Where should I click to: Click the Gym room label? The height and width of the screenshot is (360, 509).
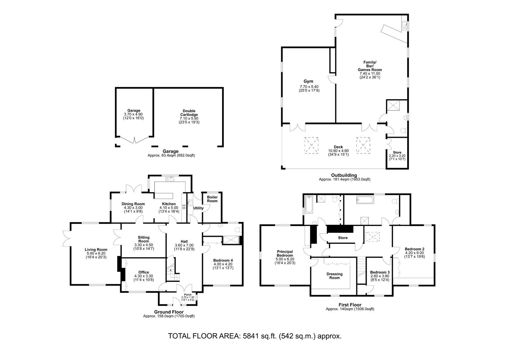pyautogui.click(x=308, y=81)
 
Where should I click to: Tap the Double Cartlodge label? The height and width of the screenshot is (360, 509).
pyautogui.click(x=189, y=113)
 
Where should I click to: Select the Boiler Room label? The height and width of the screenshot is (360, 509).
pyautogui.click(x=212, y=199)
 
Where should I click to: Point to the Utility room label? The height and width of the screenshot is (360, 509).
pyautogui.click(x=199, y=208)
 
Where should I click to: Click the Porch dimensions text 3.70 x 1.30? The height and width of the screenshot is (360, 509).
pyautogui.click(x=188, y=297)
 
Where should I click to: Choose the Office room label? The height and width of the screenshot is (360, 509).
pyautogui.click(x=143, y=272)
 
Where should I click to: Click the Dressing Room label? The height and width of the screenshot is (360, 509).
pyautogui.click(x=334, y=276)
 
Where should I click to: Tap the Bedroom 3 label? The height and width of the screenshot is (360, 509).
pyautogui.click(x=380, y=272)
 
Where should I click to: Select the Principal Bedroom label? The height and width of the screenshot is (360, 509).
pyautogui.click(x=285, y=254)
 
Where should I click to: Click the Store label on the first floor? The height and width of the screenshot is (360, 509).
pyautogui.click(x=343, y=238)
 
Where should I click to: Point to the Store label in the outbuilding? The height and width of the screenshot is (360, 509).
pyautogui.click(x=397, y=152)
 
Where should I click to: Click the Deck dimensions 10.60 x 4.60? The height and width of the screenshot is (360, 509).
pyautogui.click(x=338, y=151)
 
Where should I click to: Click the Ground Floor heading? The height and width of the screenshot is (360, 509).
pyautogui.click(x=169, y=312)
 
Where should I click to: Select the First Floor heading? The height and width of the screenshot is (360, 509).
pyautogui.click(x=350, y=305)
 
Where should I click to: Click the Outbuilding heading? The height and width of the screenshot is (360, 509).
pyautogui.click(x=344, y=175)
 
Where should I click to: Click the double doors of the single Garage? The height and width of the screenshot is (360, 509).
pyautogui.click(x=135, y=139)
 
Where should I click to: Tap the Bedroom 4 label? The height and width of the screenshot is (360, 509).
pyautogui.click(x=223, y=260)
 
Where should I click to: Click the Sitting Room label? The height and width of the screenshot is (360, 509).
pyautogui.click(x=143, y=239)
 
